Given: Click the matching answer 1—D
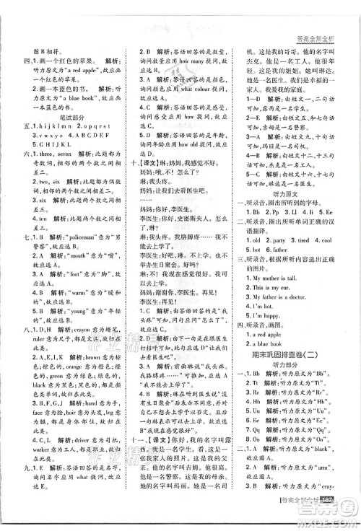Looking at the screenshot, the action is tap(250, 97).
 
